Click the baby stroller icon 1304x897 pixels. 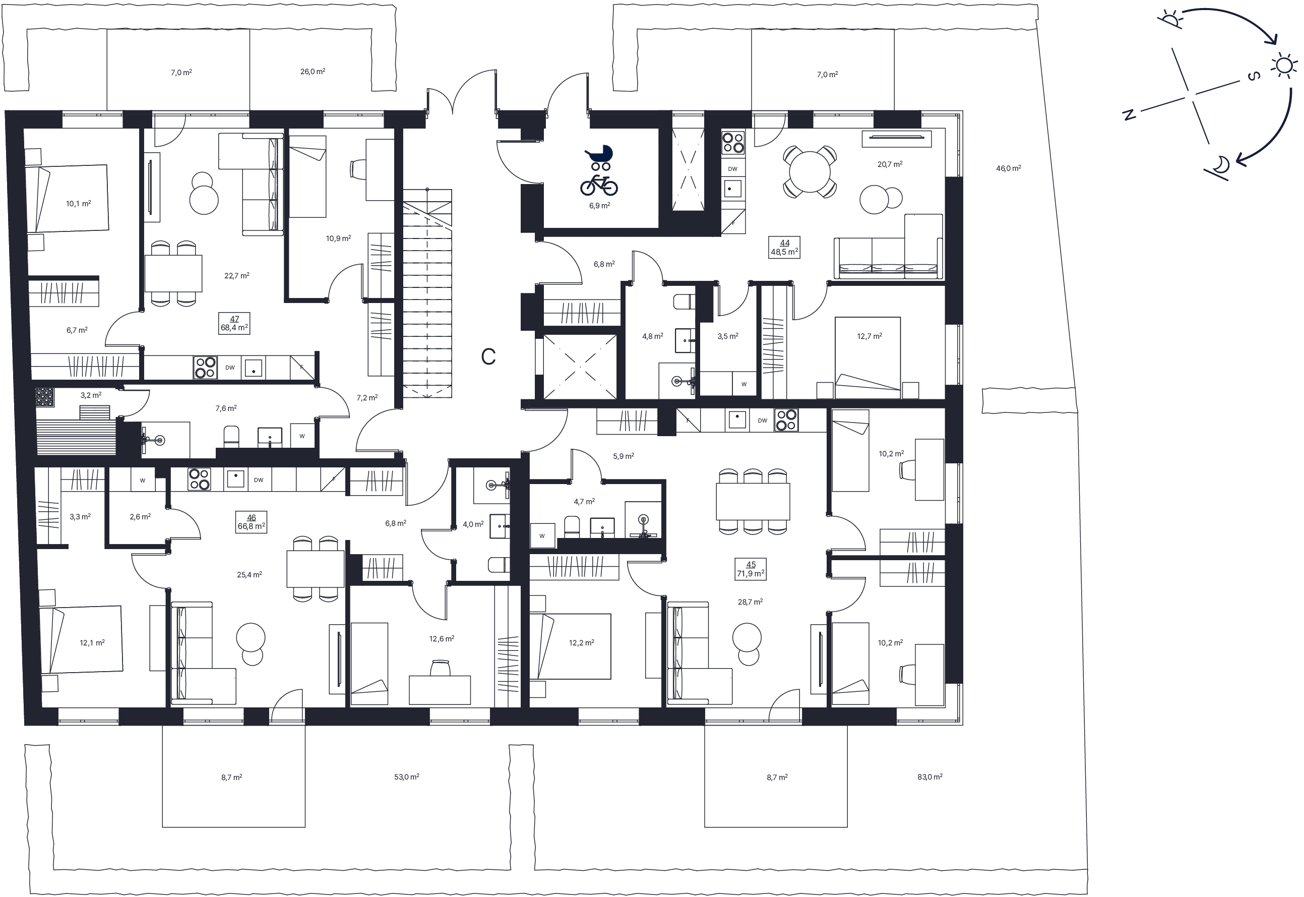[x=599, y=157]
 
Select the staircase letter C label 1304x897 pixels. [x=488, y=356]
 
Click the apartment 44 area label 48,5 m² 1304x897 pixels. [x=784, y=252]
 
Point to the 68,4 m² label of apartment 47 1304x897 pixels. [x=234, y=328]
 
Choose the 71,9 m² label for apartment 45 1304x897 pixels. [x=751, y=574]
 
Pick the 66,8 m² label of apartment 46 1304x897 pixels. [x=251, y=526]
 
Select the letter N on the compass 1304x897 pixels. [x=1128, y=114]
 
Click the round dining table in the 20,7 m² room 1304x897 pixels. [x=810, y=171]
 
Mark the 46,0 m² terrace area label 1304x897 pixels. [x=1009, y=168]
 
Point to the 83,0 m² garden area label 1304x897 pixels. [x=930, y=776]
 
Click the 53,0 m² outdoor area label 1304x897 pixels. [x=406, y=776]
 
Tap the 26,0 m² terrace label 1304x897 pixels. [x=313, y=72]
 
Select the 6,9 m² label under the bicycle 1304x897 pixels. [x=599, y=206]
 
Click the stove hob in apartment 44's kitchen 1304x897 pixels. [x=732, y=142]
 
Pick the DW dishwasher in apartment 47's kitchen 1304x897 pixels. [x=230, y=368]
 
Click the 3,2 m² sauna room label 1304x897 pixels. [x=90, y=395]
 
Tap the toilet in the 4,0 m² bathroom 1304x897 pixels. [x=499, y=565]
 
